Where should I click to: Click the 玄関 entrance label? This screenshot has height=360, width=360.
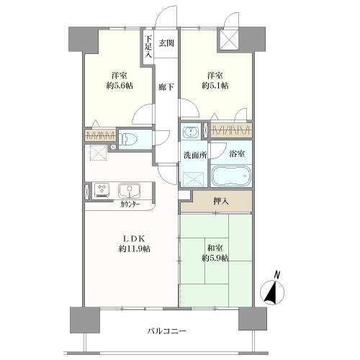click(166, 43)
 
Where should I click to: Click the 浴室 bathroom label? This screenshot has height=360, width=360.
click(238, 153)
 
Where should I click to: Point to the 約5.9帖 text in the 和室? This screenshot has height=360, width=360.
click(215, 257)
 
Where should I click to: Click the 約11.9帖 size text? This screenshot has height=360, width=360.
click(135, 248)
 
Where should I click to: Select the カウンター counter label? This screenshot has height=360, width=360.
click(130, 204)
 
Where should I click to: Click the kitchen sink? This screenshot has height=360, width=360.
click(130, 191)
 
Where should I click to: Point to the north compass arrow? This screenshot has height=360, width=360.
click(271, 291)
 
